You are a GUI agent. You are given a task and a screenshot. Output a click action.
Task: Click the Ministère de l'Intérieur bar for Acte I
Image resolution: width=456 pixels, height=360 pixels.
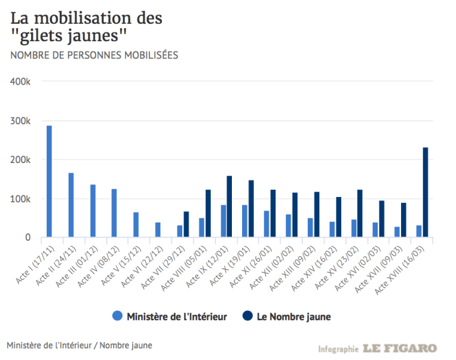pyautogui.click(x=49, y=181)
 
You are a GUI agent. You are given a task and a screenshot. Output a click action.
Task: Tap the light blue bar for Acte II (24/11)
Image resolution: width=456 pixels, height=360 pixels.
pyautogui.click(x=71, y=205)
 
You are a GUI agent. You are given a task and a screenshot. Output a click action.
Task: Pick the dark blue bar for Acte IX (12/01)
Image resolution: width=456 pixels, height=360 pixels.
pyautogui.click(x=229, y=207)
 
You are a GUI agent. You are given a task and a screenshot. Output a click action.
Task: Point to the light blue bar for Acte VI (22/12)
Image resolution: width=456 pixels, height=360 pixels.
pyautogui.click(x=158, y=230)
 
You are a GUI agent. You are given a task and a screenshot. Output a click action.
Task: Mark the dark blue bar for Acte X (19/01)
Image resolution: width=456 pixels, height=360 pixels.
pyautogui.click(x=251, y=209)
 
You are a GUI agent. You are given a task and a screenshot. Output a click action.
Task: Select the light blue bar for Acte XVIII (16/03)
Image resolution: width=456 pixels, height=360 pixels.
pyautogui.click(x=418, y=231)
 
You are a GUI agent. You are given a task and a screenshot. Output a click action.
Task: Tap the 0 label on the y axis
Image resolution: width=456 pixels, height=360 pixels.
pyautogui.click(x=28, y=238)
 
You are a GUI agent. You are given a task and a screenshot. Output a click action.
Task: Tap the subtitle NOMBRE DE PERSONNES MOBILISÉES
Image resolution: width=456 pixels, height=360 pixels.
pyautogui.click(x=93, y=56)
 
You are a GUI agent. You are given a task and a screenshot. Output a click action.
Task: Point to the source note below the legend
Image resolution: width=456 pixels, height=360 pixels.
pyautogui.click(x=79, y=345)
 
